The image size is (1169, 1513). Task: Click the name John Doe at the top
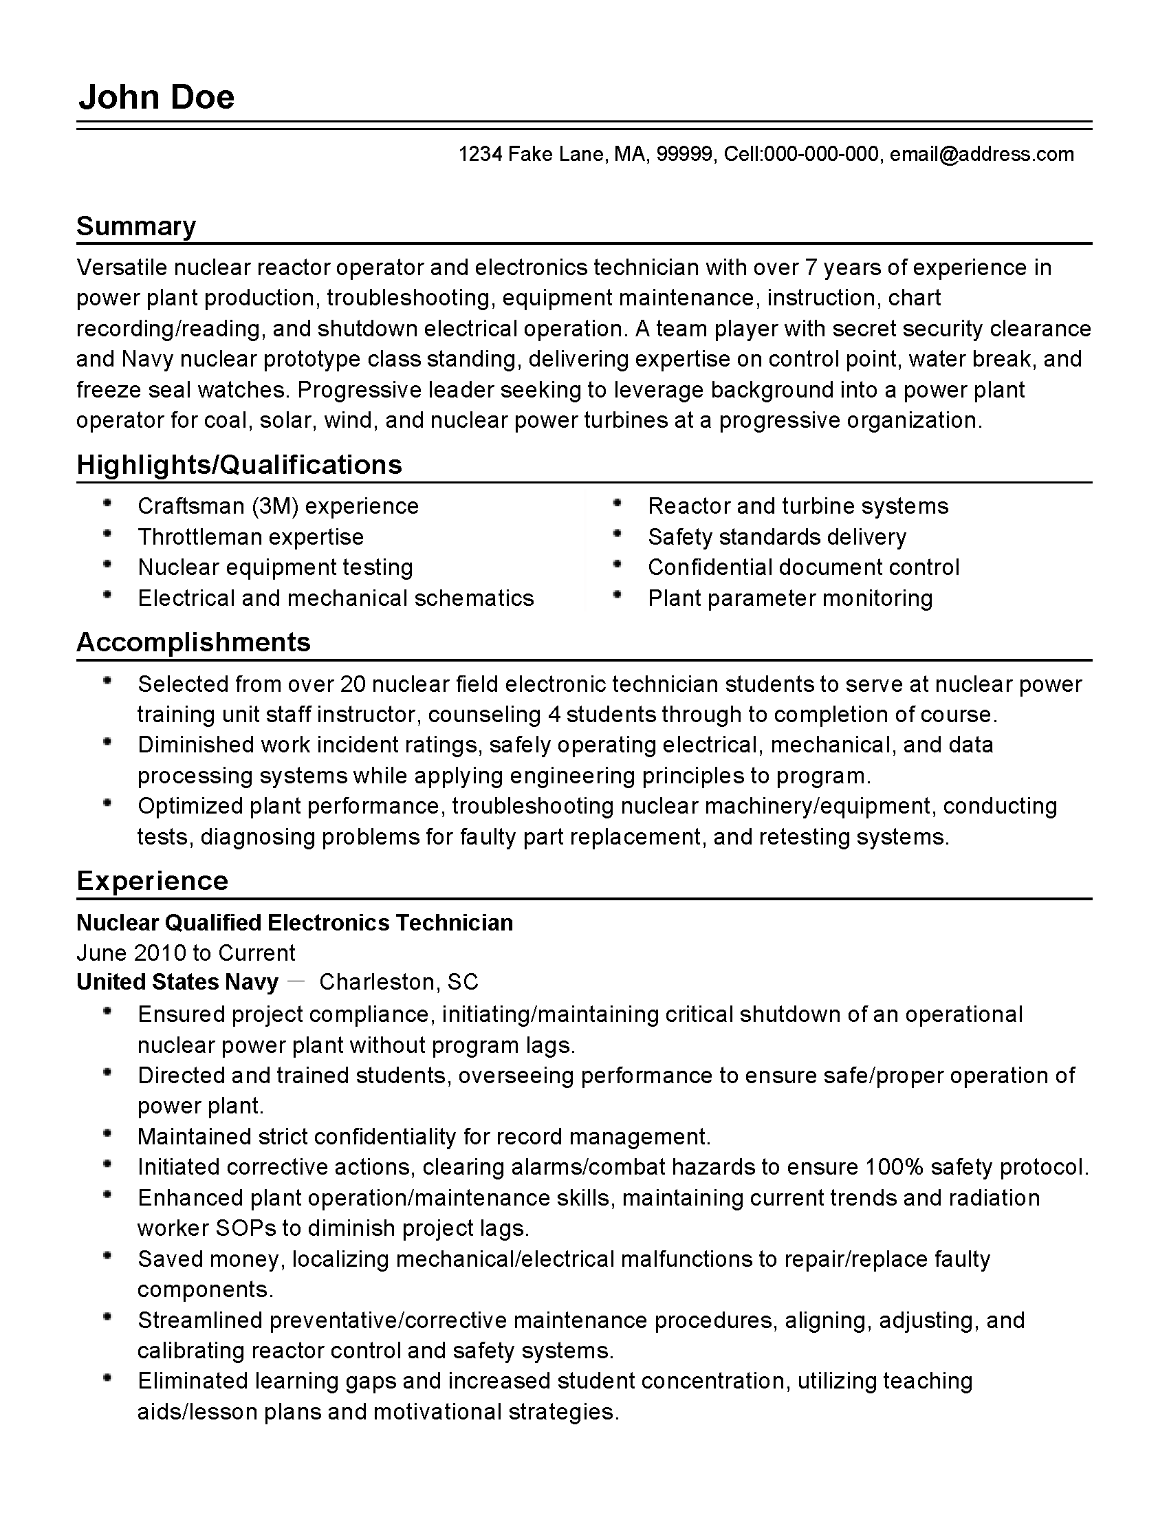tap(157, 97)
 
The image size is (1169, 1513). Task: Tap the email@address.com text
tap(981, 154)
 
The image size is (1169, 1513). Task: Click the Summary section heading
tap(135, 226)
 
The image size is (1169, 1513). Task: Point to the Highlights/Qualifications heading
tap(239, 465)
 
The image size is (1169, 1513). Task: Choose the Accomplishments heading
tap(193, 642)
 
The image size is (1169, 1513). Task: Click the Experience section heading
tap(153, 881)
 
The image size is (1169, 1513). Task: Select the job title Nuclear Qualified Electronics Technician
tap(294, 923)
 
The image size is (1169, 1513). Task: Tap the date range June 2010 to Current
tap(186, 953)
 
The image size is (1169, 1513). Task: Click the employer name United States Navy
tap(177, 982)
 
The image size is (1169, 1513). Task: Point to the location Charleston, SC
tap(398, 982)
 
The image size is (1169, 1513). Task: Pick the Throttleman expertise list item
tap(251, 537)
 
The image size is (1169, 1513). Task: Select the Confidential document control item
tap(803, 567)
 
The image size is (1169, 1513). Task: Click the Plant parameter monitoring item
tap(790, 598)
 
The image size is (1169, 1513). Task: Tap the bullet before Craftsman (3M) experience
tap(107, 503)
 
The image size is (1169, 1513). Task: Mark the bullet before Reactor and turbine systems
tap(617, 503)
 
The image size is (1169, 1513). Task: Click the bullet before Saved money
tap(107, 1256)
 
